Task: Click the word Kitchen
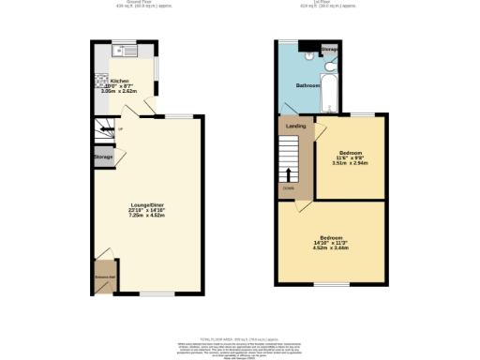pyautogui.click(x=120, y=82)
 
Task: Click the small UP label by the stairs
pyautogui.click(x=121, y=129)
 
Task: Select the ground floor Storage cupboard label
pyautogui.click(x=103, y=157)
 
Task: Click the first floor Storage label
pyautogui.click(x=330, y=48)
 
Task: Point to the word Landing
pyautogui.click(x=295, y=125)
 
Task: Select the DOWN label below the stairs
pyautogui.click(x=288, y=188)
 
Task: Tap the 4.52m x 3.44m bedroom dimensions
pyautogui.click(x=330, y=247)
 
